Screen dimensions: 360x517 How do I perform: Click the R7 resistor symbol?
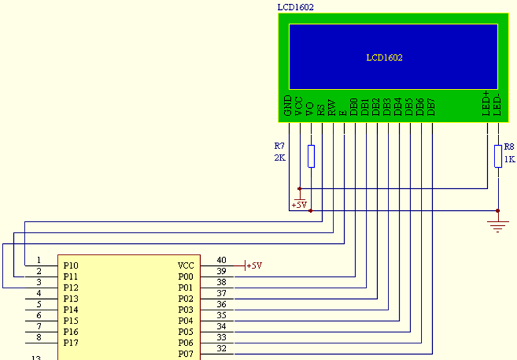(x=311, y=156)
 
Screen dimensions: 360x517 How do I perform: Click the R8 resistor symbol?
(x=498, y=156)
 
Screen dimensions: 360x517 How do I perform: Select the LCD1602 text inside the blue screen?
(x=384, y=58)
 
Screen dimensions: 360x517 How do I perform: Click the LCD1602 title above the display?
(x=296, y=7)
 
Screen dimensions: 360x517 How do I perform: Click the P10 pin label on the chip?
(x=70, y=266)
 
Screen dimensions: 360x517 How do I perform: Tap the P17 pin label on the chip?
(x=70, y=343)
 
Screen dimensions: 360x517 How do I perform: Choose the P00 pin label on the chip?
(x=186, y=277)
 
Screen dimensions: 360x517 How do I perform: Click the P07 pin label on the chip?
(x=186, y=354)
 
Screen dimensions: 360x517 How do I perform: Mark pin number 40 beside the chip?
(x=221, y=261)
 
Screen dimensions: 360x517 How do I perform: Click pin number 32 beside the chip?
(x=221, y=349)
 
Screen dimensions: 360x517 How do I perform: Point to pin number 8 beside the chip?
(x=38, y=337)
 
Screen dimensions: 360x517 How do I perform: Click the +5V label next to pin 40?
(x=254, y=266)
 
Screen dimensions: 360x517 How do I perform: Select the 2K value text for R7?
(x=280, y=158)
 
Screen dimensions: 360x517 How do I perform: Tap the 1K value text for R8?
(x=510, y=159)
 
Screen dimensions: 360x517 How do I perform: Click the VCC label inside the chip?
(x=186, y=266)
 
